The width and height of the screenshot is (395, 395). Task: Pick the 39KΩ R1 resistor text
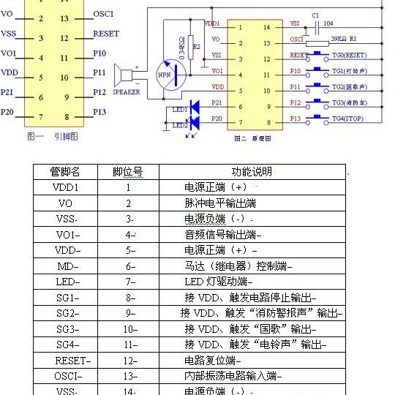[344, 39]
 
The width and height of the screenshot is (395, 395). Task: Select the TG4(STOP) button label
[348, 118]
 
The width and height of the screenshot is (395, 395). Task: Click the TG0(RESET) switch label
[349, 56]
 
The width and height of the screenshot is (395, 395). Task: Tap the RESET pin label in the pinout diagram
[106, 34]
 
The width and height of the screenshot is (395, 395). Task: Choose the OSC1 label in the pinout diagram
[104, 15]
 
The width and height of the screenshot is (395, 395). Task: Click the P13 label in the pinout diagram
[100, 111]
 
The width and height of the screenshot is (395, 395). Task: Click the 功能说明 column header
[252, 171]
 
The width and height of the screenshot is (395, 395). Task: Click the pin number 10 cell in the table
[130, 329]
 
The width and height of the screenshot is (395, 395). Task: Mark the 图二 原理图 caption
[249, 138]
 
